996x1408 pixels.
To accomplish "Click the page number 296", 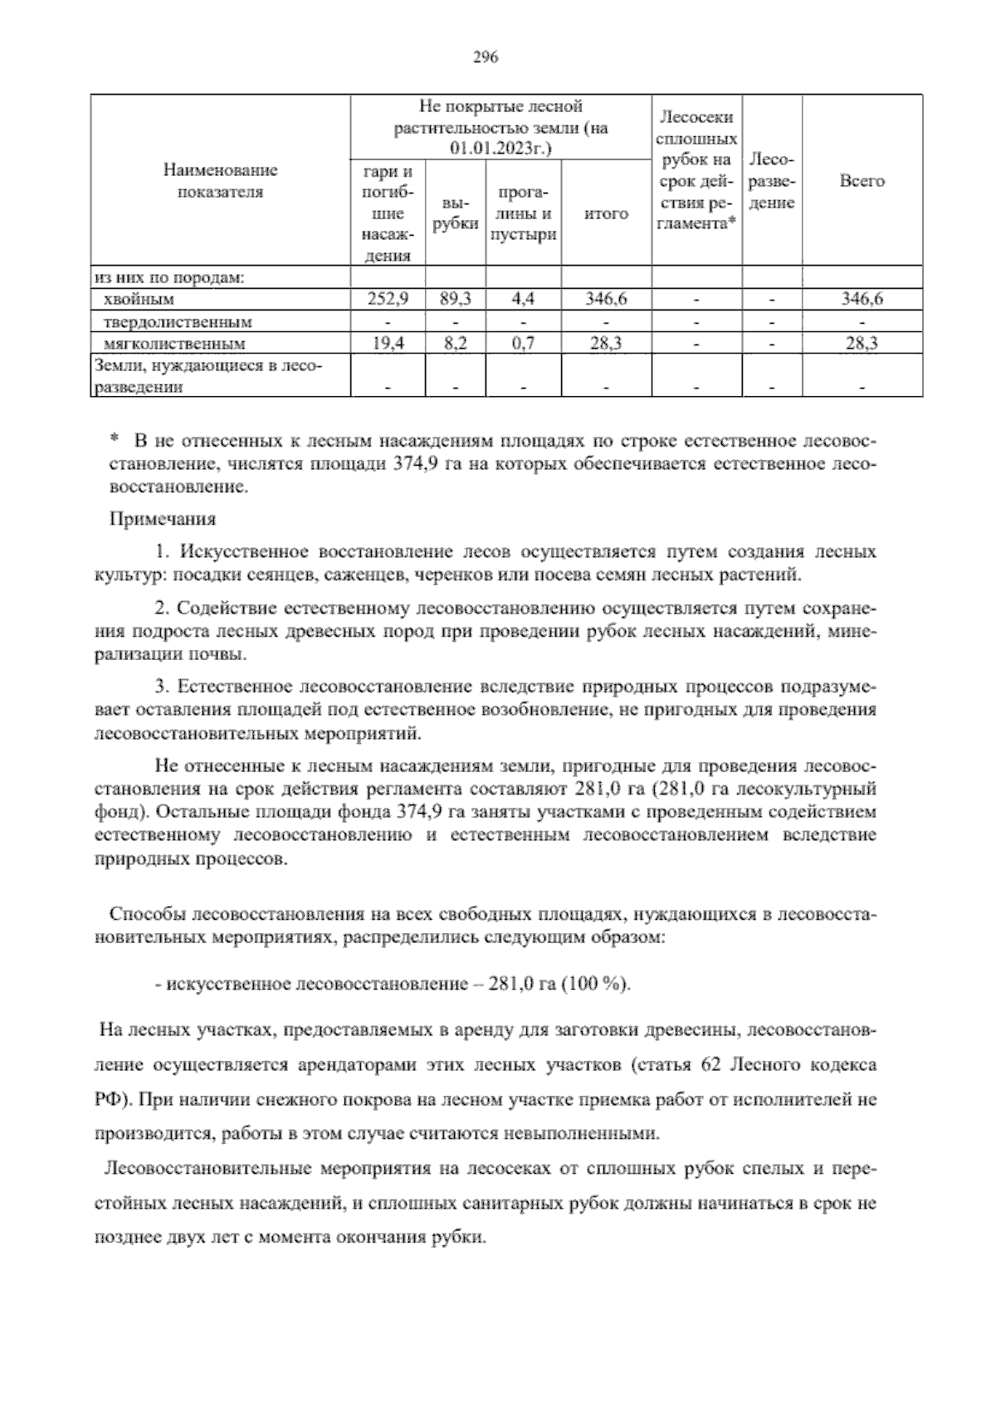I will (484, 57).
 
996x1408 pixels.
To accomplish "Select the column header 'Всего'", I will (862, 181).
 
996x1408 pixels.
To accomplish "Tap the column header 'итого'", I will (606, 214).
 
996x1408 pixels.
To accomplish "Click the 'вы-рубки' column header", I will (455, 213).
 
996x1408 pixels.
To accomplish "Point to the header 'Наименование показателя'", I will (220, 181).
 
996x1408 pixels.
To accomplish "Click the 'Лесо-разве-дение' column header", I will (772, 181).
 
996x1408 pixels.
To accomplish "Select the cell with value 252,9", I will (388, 300).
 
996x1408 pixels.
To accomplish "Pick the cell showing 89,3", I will (455, 300).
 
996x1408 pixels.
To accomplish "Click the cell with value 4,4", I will (523, 300).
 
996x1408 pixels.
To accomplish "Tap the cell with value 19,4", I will (388, 343).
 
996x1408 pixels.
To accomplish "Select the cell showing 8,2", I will (455, 343).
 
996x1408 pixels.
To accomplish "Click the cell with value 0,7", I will (523, 343).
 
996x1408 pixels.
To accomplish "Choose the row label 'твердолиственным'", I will (178, 321).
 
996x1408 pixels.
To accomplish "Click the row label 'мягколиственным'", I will (174, 343).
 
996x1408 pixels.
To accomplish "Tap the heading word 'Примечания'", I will (163, 520).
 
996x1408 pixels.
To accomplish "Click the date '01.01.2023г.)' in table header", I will (500, 149).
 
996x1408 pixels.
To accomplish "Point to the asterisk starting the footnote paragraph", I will (115, 438).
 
